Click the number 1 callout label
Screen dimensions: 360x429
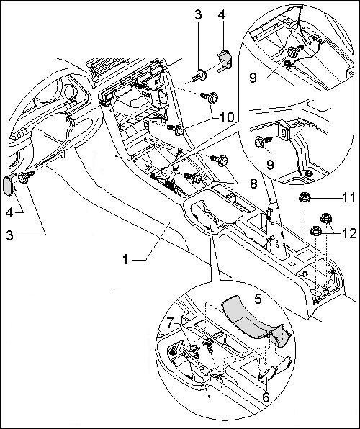coord(125,260)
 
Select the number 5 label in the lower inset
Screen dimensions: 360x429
coord(258,299)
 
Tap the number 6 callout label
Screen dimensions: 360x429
coord(266,397)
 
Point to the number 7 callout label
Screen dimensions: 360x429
coord(171,323)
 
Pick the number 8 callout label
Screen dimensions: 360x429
coord(253,184)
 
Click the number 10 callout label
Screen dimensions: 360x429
coord(228,117)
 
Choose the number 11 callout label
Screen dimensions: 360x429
coord(349,197)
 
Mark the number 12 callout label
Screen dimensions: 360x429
coord(349,234)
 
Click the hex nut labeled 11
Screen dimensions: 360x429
coord(304,197)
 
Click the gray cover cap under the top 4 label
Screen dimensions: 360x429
coord(225,59)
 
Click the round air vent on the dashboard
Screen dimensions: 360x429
coord(69,92)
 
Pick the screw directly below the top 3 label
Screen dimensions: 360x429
coord(199,76)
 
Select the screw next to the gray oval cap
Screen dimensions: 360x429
coord(26,177)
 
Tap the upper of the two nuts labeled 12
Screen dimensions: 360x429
coord(326,218)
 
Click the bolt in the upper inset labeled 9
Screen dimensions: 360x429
coord(294,51)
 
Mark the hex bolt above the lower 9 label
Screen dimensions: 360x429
coord(262,142)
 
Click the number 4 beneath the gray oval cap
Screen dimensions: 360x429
coord(9,212)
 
